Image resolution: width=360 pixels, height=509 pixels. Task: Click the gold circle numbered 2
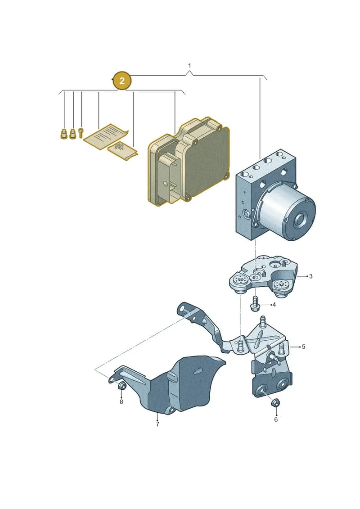point(122,80)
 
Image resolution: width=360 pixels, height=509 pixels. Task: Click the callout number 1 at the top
point(189,66)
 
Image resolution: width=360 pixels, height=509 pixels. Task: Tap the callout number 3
point(310,276)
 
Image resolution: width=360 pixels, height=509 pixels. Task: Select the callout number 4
point(274,305)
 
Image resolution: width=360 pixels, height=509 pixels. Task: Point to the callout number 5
point(303,347)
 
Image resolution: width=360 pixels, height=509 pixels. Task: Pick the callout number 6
point(276,419)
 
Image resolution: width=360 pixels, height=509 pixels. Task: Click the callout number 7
point(157,424)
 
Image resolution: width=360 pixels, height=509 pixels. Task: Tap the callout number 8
point(121,402)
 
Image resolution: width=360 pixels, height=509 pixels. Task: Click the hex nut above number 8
point(122,386)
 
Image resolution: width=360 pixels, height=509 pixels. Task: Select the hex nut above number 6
point(276,402)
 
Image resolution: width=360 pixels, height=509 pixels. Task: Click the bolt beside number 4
point(256,303)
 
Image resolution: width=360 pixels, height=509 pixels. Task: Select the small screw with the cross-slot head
point(81,132)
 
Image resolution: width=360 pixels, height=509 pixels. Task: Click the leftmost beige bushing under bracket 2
point(64,134)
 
